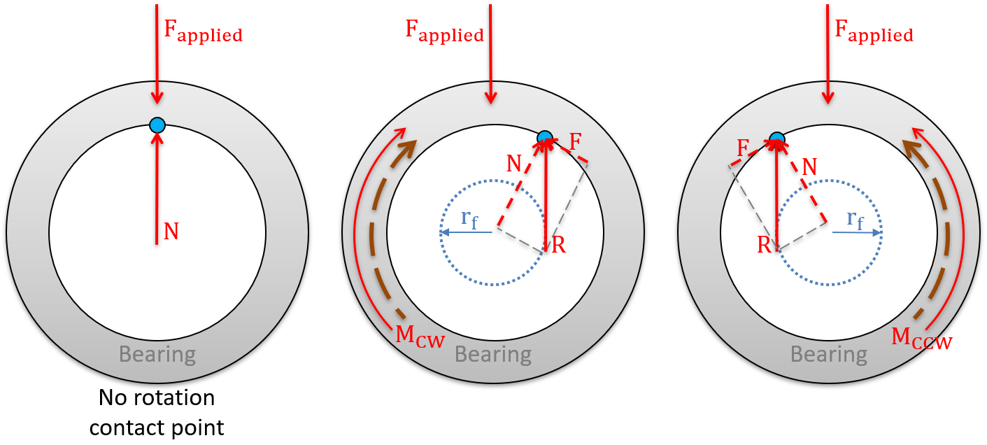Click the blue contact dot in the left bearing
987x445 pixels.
[x=157, y=125]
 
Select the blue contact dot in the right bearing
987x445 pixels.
[x=776, y=138]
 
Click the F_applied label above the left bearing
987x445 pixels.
[x=203, y=31]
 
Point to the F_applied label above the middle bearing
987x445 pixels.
[x=444, y=31]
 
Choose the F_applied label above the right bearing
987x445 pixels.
[x=874, y=31]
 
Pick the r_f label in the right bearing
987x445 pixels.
[x=855, y=219]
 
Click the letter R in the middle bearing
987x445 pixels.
[x=558, y=246]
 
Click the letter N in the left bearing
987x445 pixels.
[x=171, y=232]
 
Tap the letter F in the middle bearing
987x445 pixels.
[x=576, y=142]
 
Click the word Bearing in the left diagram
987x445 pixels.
[x=157, y=354]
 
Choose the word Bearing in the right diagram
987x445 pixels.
[x=829, y=354]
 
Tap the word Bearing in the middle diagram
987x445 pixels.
[x=493, y=354]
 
